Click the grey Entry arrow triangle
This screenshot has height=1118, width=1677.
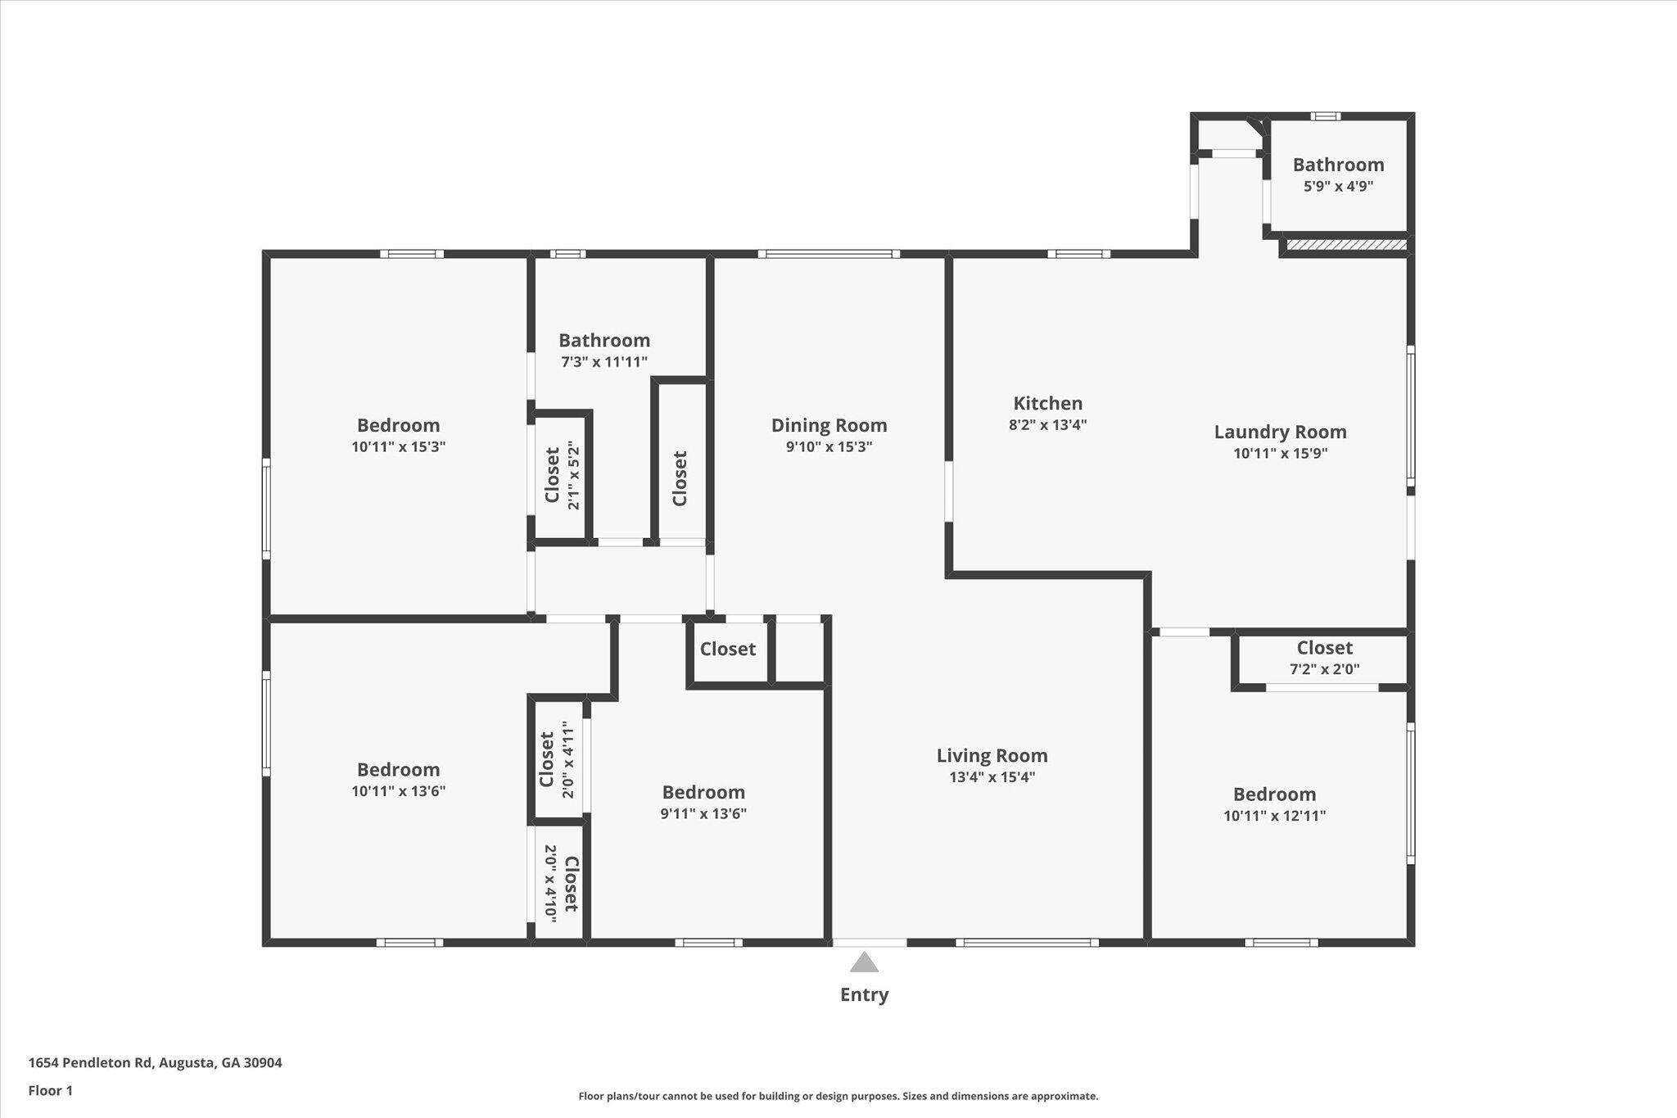pyautogui.click(x=864, y=962)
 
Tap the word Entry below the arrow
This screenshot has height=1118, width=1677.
pyautogui.click(x=864, y=995)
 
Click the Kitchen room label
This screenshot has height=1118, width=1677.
pyautogui.click(x=1047, y=403)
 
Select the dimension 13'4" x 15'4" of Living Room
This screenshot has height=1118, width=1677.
pyautogui.click(x=992, y=777)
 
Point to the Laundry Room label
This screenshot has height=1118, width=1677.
pyautogui.click(x=1280, y=432)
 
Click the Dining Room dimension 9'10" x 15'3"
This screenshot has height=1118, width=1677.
pyautogui.click(x=829, y=447)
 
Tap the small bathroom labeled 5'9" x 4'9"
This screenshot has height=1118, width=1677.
pyautogui.click(x=1338, y=174)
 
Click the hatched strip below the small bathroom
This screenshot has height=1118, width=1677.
pyautogui.click(x=1346, y=244)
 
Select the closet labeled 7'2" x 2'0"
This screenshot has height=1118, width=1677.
pyautogui.click(x=1324, y=659)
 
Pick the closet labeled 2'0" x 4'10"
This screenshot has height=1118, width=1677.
pyautogui.click(x=561, y=884)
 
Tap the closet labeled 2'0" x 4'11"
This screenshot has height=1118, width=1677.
pyautogui.click(x=557, y=759)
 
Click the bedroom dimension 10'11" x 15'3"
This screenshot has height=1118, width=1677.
pyautogui.click(x=398, y=447)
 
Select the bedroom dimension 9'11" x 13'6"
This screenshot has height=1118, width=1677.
pyautogui.click(x=703, y=814)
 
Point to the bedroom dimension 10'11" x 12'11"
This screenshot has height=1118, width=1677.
pyautogui.click(x=1274, y=816)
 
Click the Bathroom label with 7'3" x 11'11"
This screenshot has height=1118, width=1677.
pyautogui.click(x=604, y=341)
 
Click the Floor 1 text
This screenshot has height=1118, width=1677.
pyautogui.click(x=51, y=1090)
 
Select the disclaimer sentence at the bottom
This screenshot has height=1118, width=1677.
pyautogui.click(x=838, y=1096)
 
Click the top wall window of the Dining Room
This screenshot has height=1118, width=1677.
pyautogui.click(x=829, y=254)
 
